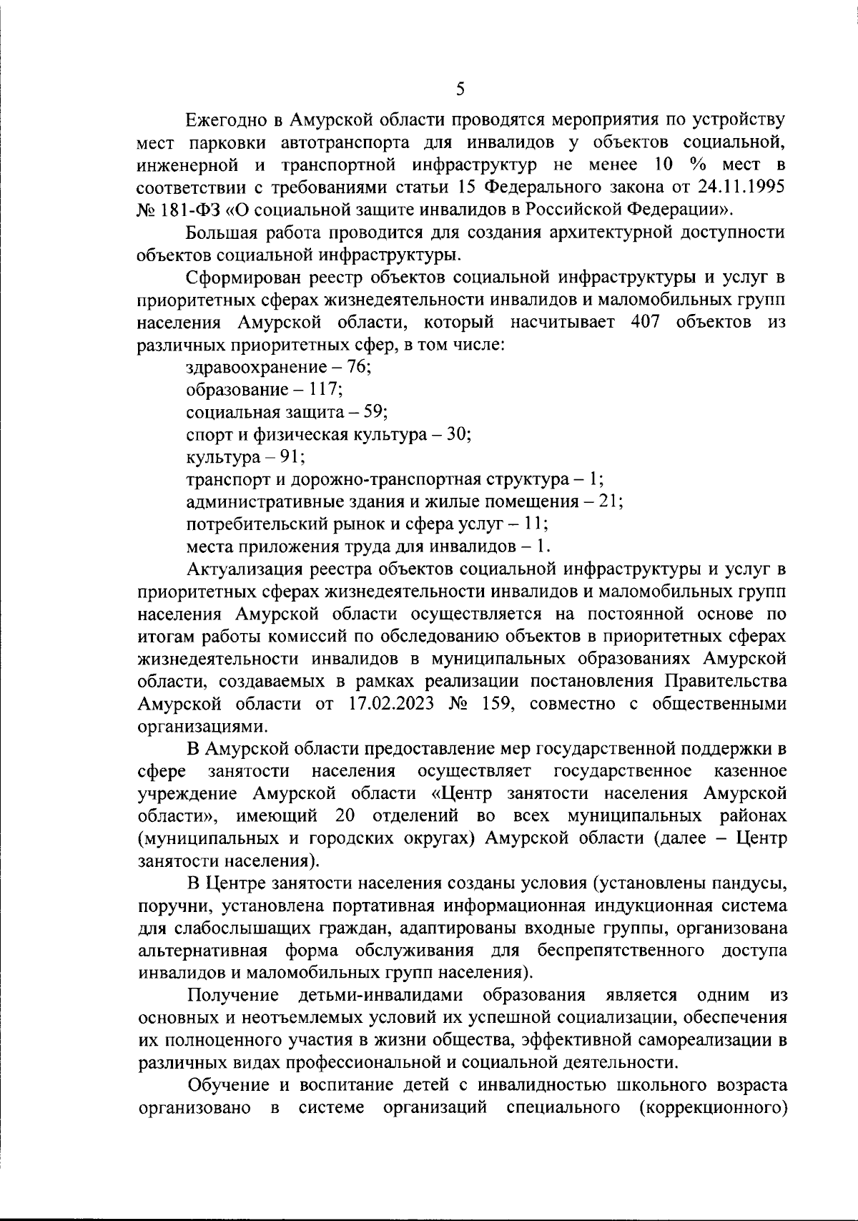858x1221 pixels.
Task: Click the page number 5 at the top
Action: [x=460, y=89]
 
